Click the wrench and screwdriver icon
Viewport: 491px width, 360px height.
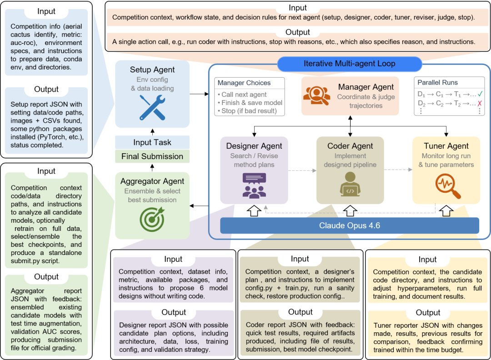click(x=152, y=106)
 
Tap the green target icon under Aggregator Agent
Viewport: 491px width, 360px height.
click(x=152, y=219)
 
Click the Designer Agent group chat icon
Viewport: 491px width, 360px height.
click(x=254, y=185)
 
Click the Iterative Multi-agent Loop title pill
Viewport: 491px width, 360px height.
click(x=350, y=64)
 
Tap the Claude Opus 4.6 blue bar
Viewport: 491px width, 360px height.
click(x=350, y=225)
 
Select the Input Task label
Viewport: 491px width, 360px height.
click(x=152, y=142)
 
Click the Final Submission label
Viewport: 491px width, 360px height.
click(x=152, y=156)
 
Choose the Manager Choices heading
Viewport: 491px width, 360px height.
click(x=244, y=83)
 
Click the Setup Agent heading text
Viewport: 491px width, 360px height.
click(x=152, y=70)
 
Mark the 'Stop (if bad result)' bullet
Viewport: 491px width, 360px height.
click(x=250, y=111)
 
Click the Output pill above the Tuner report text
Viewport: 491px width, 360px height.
click(x=428, y=313)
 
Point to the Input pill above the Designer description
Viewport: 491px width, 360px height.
click(x=173, y=259)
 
